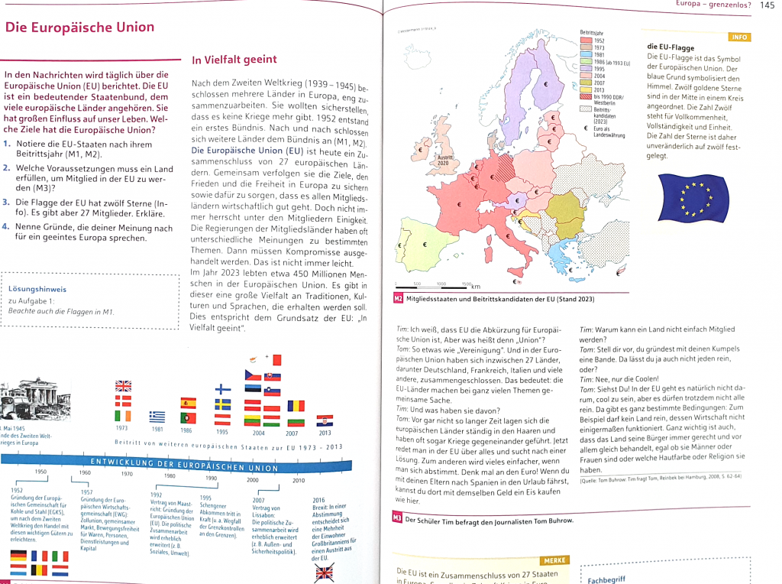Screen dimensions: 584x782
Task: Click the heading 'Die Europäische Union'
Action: [x=80, y=28]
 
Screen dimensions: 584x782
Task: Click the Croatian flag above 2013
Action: [x=325, y=420]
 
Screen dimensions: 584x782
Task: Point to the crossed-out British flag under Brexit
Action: [x=325, y=572]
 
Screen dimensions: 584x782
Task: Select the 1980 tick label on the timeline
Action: [x=170, y=475]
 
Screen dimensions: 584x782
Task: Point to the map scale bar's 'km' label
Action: [x=477, y=287]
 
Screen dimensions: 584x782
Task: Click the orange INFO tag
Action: [x=739, y=37]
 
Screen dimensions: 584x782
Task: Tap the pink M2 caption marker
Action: [x=397, y=299]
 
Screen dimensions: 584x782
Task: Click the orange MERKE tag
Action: [x=554, y=561]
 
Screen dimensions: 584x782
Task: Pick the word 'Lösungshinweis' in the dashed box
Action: [x=37, y=289]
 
